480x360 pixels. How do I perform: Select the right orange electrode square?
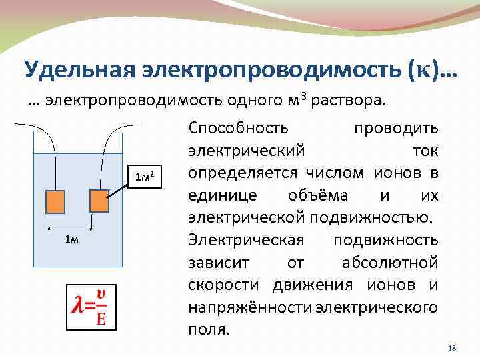click(x=99, y=201)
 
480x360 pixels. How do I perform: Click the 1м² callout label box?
click(x=145, y=177)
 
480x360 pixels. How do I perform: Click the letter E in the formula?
click(x=101, y=317)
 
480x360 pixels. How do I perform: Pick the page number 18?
click(x=452, y=349)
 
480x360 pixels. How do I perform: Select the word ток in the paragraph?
click(x=425, y=151)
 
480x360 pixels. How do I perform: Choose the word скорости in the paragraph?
click(x=227, y=285)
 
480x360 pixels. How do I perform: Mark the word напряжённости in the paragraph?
click(x=251, y=308)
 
